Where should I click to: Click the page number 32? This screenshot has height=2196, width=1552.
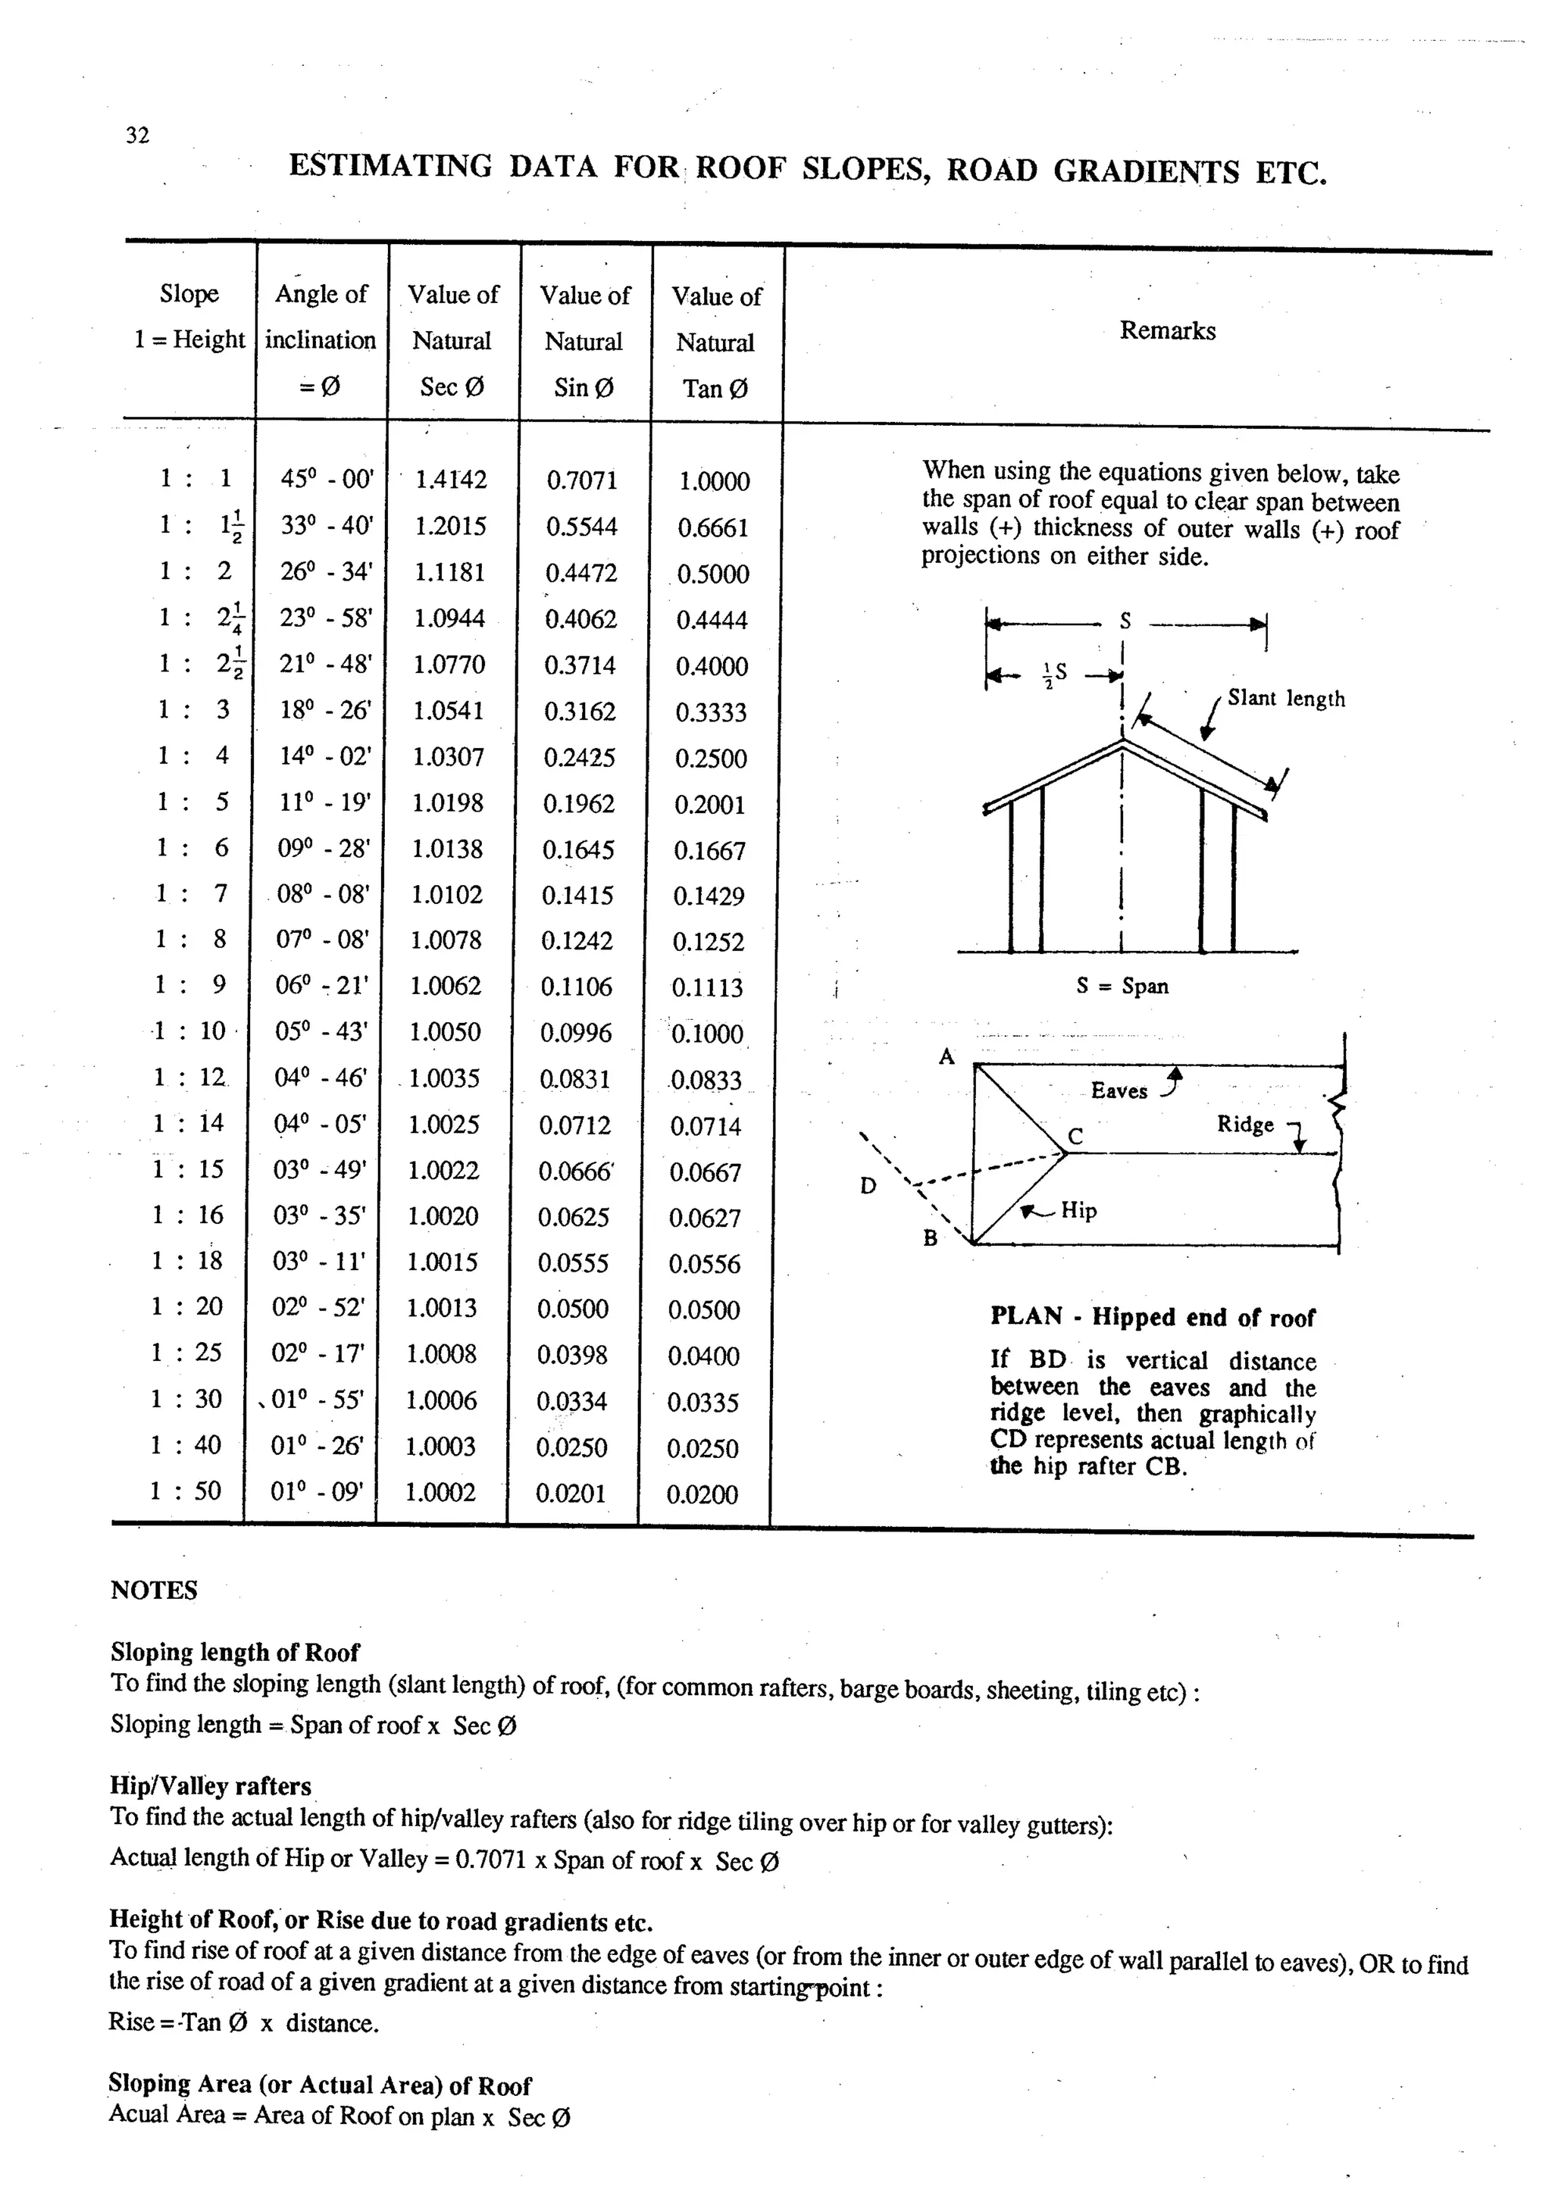coord(138,136)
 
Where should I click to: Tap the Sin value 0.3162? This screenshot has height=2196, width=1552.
coord(580,712)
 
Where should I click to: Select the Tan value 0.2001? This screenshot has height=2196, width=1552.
coord(709,805)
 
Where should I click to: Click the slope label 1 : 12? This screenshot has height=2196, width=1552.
coord(189,1078)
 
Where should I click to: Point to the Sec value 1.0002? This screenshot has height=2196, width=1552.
coord(440,1492)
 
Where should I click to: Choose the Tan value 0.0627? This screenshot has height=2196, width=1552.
coord(704,1218)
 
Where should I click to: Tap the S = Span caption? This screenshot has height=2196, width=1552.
coord(1122,986)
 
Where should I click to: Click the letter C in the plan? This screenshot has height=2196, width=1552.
coord(1075,1136)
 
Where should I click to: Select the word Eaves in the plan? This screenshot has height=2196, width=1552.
coord(1119,1091)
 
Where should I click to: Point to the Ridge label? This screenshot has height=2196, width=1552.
coord(1245,1125)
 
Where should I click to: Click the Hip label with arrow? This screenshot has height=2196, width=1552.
coord(1078,1210)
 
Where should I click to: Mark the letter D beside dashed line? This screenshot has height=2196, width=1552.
coord(868,1186)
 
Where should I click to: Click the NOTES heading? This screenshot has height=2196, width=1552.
coord(154,1591)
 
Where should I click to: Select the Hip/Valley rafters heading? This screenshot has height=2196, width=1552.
coord(211,1786)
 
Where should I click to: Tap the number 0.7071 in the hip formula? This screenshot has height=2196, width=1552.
coord(490,1860)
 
